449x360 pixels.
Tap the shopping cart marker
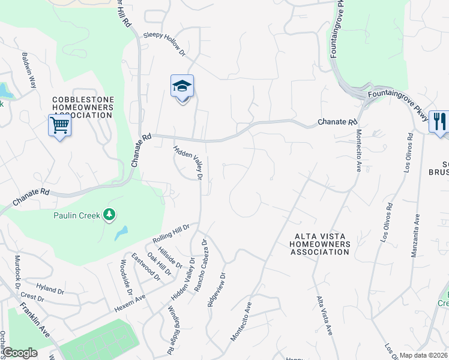pos(59,125)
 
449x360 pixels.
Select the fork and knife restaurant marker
pos(439,122)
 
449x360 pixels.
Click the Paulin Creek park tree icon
pos(109,214)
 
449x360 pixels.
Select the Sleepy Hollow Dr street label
pos(164,44)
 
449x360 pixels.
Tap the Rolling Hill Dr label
pos(171,233)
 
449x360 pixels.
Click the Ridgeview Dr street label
pos(216,290)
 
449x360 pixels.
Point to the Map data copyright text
pos(424,355)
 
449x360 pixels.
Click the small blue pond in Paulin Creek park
pos(122,232)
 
